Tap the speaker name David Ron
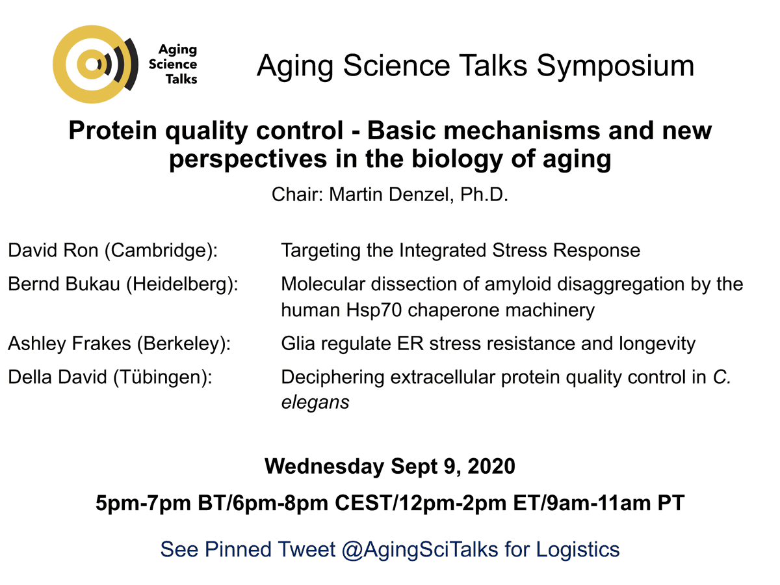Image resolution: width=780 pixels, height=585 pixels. point(49,251)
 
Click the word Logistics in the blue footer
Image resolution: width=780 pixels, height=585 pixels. point(577,549)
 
